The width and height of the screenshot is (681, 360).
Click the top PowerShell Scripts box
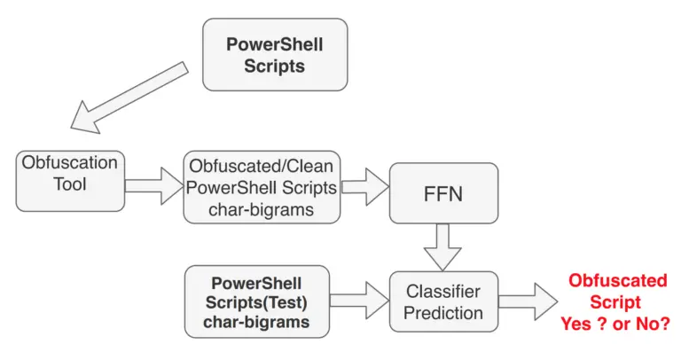click(x=275, y=55)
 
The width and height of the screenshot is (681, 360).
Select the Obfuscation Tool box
click(x=70, y=181)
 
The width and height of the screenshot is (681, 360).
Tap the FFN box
click(x=443, y=193)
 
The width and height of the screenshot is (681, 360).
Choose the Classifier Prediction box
click(x=443, y=301)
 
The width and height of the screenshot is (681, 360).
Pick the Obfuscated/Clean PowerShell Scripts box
click(x=262, y=187)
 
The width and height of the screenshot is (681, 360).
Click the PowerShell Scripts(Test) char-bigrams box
click(x=256, y=301)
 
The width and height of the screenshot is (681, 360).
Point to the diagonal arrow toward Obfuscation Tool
click(x=129, y=98)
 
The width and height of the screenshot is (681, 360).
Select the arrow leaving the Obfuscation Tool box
click(x=154, y=186)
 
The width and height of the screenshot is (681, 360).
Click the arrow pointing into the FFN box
click(x=364, y=187)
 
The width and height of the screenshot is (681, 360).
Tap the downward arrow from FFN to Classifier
click(x=442, y=247)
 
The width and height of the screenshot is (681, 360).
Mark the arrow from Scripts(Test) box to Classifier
click(x=359, y=301)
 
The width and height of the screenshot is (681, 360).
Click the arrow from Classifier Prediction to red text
click(x=528, y=301)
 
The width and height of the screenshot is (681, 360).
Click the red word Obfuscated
click(x=617, y=280)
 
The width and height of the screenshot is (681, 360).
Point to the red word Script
click(x=615, y=301)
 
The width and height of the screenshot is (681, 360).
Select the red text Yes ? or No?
click(x=615, y=324)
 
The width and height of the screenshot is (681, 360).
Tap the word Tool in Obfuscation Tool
click(x=70, y=184)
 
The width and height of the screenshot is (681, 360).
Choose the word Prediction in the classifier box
click(x=443, y=313)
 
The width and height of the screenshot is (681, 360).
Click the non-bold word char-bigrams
click(x=261, y=209)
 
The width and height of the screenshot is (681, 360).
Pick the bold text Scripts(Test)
click(x=256, y=302)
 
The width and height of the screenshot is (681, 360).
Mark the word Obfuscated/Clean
click(x=262, y=166)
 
